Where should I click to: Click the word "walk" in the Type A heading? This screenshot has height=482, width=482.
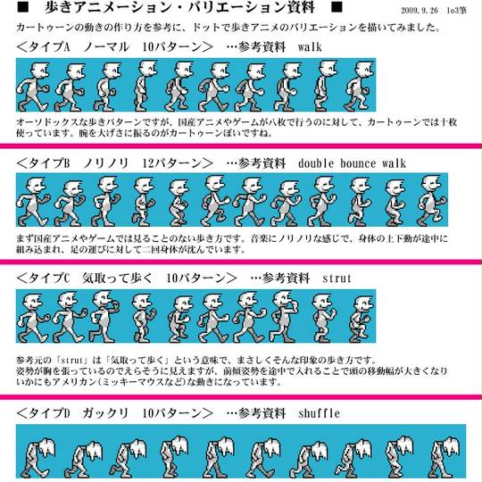click(310, 47)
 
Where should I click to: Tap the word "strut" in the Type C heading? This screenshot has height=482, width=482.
click(337, 278)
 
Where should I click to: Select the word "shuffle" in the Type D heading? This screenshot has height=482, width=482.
click(319, 413)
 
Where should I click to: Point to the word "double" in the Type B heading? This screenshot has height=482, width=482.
click(316, 163)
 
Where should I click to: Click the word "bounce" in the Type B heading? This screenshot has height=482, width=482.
click(358, 163)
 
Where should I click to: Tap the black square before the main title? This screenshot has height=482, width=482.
click(22, 7)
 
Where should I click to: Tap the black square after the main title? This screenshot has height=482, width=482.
click(337, 7)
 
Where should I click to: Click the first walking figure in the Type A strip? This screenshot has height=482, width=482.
click(33, 87)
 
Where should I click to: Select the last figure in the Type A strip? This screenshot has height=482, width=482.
click(359, 86)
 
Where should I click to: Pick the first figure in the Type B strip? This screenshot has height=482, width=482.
click(33, 202)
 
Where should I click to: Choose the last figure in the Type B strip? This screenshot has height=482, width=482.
click(432, 201)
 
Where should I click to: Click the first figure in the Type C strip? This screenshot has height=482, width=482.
click(33, 318)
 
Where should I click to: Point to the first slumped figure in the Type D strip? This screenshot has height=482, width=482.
click(39, 458)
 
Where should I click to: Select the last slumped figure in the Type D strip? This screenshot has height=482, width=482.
click(445, 457)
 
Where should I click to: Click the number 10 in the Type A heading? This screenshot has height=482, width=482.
click(148, 47)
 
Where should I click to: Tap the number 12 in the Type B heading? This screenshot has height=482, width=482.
click(148, 163)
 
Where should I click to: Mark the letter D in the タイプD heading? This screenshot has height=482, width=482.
click(67, 413)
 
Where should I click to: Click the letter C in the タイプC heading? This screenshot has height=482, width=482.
click(67, 278)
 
